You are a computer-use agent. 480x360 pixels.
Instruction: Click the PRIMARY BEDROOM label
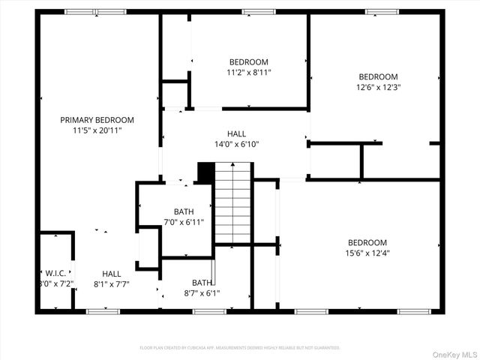97,120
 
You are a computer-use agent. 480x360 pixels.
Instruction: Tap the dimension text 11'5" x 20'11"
97,130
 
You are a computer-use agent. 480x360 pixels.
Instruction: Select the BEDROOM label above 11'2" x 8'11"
248,62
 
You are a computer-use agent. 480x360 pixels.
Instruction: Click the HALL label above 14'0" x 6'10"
236,134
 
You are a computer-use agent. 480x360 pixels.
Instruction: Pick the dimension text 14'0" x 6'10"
236,145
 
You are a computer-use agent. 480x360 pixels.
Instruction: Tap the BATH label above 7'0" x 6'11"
184,211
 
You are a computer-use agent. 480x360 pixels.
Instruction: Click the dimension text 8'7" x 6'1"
202,293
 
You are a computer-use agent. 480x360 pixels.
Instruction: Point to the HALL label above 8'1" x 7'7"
112,274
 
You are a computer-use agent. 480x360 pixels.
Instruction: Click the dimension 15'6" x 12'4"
367,253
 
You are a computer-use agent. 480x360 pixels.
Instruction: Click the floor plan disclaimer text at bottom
240,348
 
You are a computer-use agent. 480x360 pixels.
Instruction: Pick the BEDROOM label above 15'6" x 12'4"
367,242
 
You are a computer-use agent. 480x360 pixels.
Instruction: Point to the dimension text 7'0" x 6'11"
184,222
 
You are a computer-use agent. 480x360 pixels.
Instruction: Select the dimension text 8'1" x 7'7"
112,284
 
